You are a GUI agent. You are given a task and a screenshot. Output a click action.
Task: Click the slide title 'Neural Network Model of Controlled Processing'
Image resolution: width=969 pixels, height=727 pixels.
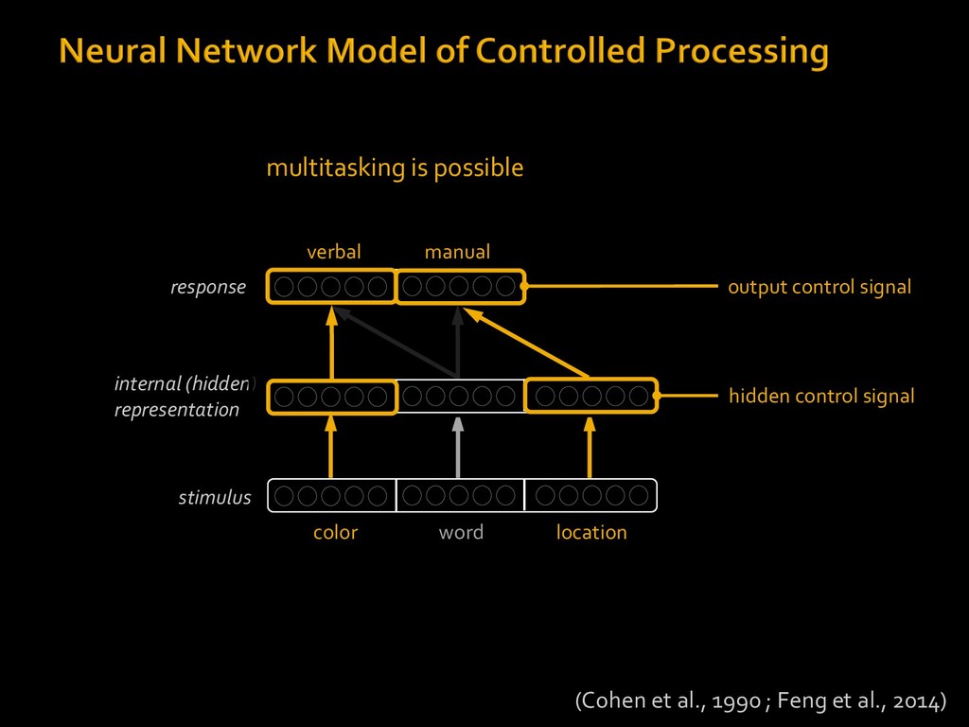444,51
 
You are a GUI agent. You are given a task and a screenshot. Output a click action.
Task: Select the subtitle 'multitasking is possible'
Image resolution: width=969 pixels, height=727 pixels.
395,168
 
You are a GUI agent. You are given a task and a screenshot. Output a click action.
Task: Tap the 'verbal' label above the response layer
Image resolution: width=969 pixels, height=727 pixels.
334,252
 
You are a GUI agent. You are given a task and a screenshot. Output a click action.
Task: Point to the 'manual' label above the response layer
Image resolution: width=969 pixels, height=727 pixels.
457,252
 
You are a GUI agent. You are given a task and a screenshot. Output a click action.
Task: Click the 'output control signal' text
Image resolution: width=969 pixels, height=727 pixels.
819,288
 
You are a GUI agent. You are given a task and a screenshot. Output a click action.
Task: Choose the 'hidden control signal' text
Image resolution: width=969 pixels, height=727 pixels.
821,397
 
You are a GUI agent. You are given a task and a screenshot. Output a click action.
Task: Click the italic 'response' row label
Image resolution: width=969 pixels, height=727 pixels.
208,288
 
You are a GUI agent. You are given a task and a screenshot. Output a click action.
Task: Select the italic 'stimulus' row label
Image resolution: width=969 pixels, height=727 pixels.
215,497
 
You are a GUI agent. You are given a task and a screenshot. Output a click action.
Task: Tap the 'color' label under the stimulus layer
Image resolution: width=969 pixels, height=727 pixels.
336,532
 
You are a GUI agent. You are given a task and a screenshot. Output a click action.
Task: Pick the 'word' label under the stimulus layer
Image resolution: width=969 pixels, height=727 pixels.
461,532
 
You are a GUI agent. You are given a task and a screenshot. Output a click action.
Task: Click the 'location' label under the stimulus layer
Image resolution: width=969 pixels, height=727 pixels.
591,532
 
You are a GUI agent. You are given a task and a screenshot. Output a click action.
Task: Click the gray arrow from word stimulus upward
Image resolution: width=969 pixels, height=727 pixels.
458,448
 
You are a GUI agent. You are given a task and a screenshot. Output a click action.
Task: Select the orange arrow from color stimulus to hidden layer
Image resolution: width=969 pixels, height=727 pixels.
331,447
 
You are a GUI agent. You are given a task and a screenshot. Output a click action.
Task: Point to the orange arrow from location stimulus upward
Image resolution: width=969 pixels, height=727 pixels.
590,447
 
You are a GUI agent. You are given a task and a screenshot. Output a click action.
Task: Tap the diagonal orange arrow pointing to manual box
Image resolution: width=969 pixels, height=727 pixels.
526,342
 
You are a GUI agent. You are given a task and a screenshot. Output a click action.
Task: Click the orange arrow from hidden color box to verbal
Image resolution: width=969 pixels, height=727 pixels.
332,343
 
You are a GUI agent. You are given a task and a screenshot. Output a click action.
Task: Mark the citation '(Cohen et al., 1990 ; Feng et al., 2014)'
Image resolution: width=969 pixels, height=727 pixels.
761,701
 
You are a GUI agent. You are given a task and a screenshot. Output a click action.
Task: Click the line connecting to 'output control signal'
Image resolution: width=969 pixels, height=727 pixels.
620,286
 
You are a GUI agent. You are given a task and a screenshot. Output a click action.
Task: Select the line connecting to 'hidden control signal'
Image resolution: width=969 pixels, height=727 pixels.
686,396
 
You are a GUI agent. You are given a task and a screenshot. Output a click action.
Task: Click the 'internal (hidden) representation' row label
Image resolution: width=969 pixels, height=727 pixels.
185,397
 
